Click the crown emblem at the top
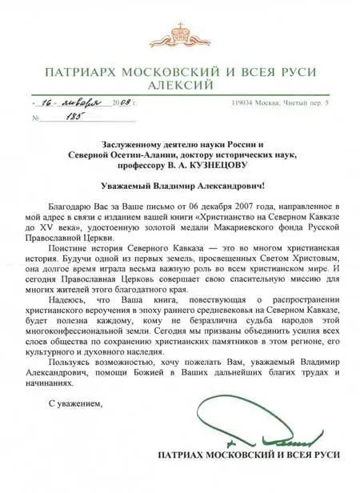coord(179,33)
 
